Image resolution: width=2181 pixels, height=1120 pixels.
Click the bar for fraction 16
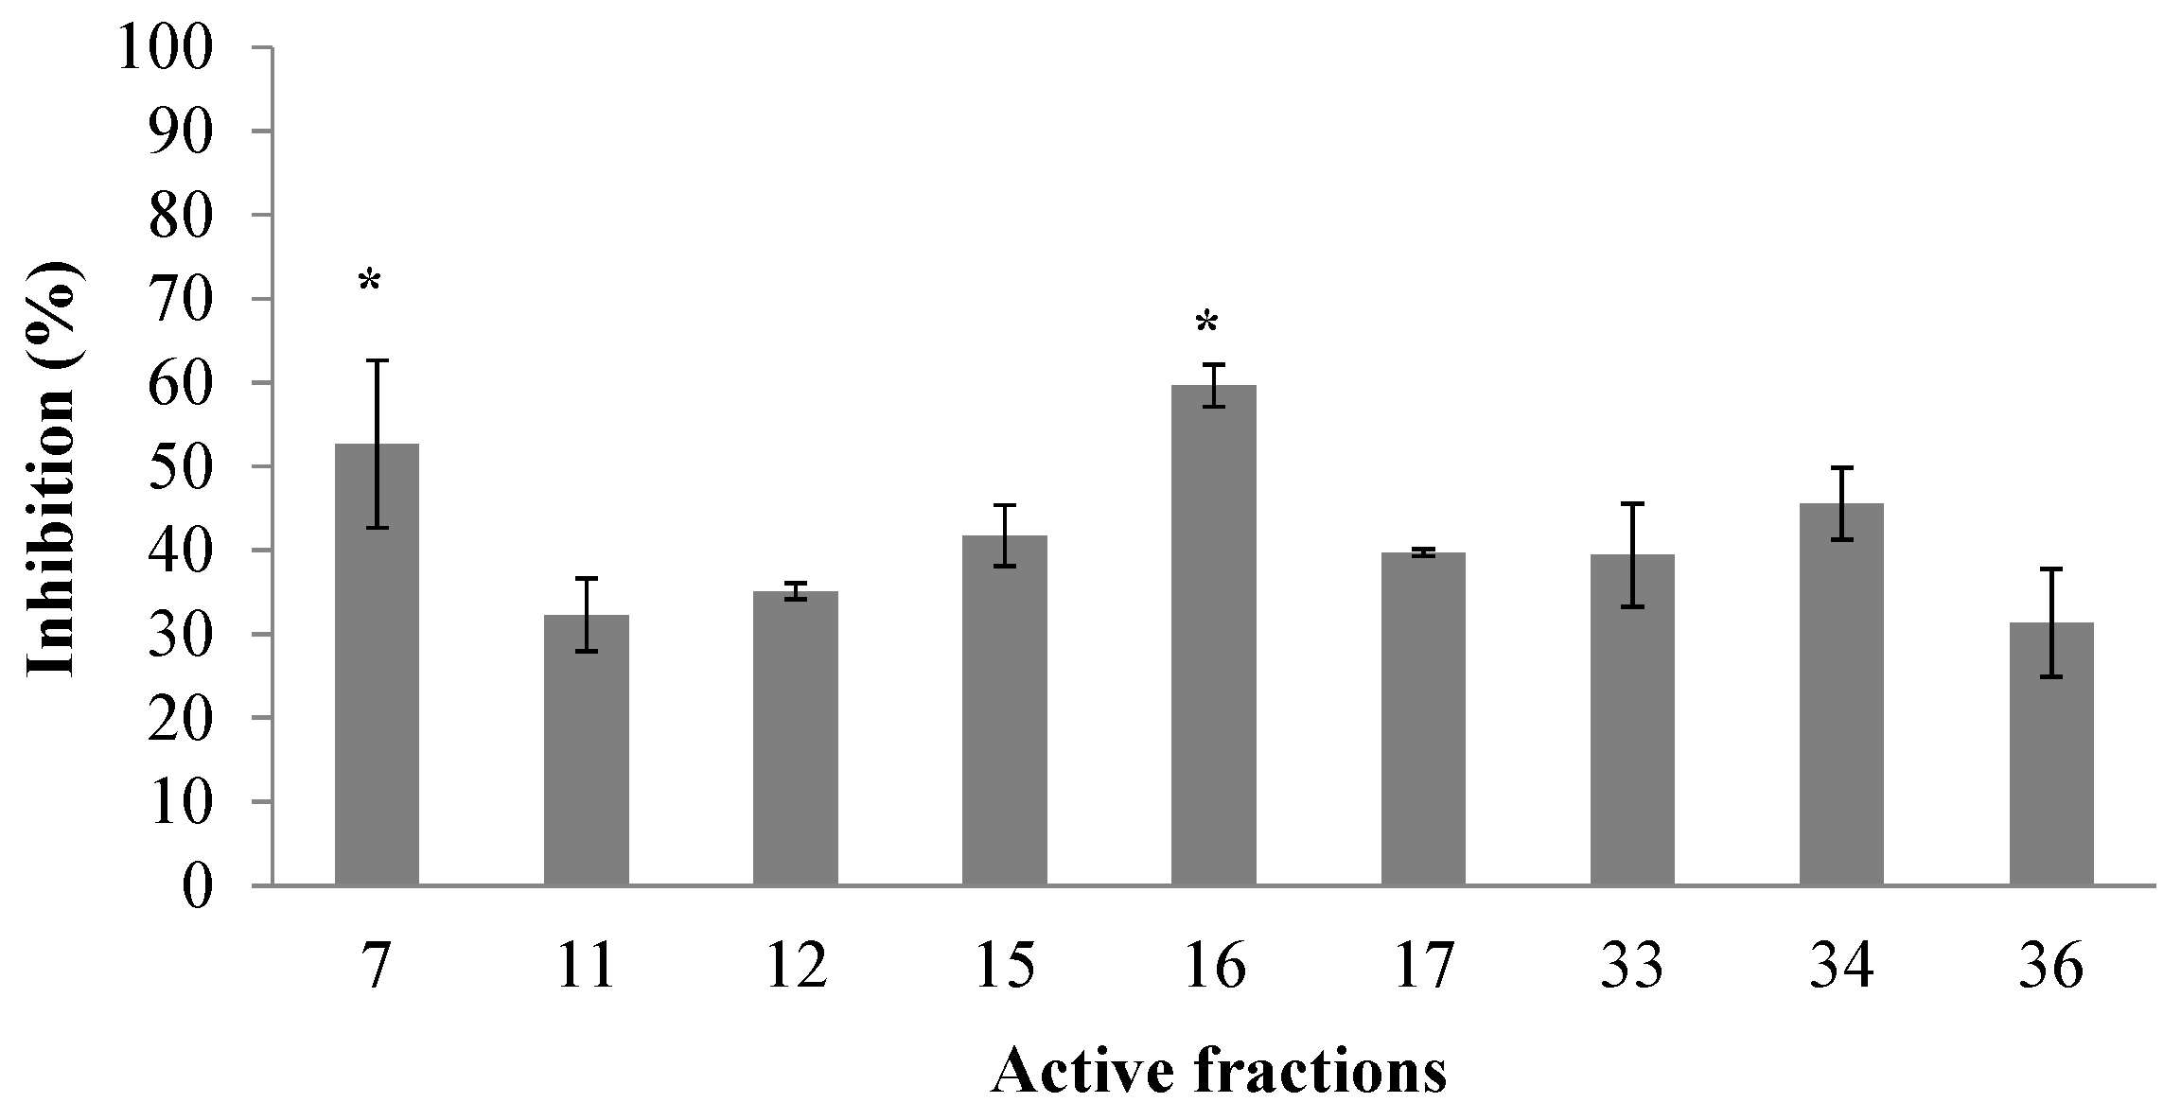click(x=1213, y=635)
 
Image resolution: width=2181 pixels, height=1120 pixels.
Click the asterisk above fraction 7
click(x=369, y=282)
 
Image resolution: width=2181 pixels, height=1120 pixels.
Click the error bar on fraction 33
click(x=1632, y=554)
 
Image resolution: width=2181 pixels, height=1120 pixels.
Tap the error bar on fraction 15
click(x=1005, y=535)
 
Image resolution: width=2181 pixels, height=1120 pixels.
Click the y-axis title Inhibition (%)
click(x=52, y=469)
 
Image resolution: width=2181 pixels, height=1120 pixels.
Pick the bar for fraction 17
click(x=1423, y=719)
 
